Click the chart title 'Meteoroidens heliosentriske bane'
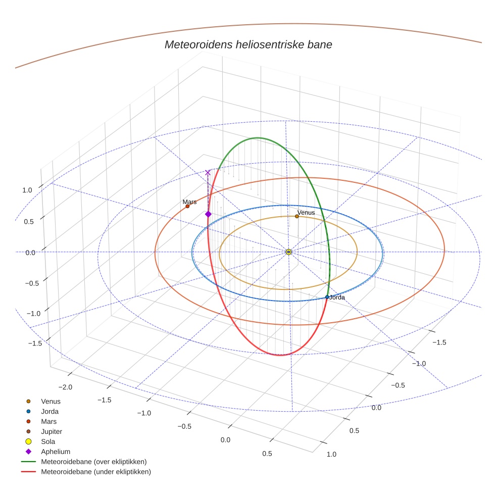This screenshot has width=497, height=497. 248,44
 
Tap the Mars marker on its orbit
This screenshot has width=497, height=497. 187,206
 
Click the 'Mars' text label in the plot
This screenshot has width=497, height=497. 189,202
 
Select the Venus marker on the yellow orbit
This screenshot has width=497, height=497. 297,216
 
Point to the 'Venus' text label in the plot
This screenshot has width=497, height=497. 306,213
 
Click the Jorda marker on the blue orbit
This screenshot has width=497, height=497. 327,297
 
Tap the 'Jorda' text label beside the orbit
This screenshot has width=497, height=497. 337,297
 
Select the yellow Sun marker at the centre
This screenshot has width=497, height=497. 288,252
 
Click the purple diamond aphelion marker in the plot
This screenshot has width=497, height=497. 208,214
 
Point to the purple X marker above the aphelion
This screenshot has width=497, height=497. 208,173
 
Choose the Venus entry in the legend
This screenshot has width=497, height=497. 51,402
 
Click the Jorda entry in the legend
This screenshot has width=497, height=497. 49,412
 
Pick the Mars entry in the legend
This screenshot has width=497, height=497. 48,421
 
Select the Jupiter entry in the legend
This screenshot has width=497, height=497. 52,431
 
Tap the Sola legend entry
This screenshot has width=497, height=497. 48,441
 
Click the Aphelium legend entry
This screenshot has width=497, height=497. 55,452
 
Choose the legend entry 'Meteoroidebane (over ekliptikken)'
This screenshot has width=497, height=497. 93,462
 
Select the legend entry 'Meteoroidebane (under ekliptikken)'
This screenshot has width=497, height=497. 95,472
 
